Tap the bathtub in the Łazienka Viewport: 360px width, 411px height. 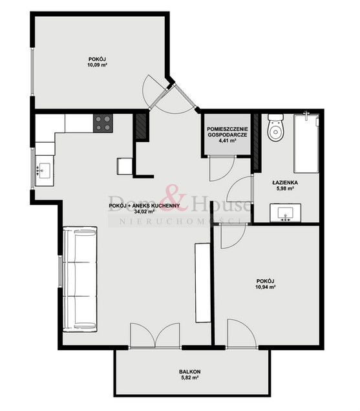[x=306, y=143]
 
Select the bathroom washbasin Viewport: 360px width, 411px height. [x=285, y=213]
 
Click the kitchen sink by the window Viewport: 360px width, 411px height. [x=45, y=171]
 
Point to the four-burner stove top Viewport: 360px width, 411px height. [x=103, y=123]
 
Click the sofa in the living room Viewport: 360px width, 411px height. [x=80, y=279]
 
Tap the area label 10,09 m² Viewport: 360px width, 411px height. [x=98, y=65]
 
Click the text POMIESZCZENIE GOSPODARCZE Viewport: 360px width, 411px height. [x=228, y=132]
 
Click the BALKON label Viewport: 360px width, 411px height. [x=190, y=372]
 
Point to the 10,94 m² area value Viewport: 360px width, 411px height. [x=265, y=287]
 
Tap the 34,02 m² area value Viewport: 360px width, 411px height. [x=144, y=212]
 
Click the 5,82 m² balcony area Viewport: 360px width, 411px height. [x=189, y=377]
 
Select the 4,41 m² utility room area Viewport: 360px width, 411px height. [x=228, y=140]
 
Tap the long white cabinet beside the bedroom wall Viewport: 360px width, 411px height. [x=203, y=283]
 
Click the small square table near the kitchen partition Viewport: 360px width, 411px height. [x=125, y=166]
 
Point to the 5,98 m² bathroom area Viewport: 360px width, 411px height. [x=284, y=189]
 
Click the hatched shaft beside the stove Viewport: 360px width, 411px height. [x=141, y=126]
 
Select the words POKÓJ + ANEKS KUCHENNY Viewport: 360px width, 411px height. [x=144, y=205]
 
